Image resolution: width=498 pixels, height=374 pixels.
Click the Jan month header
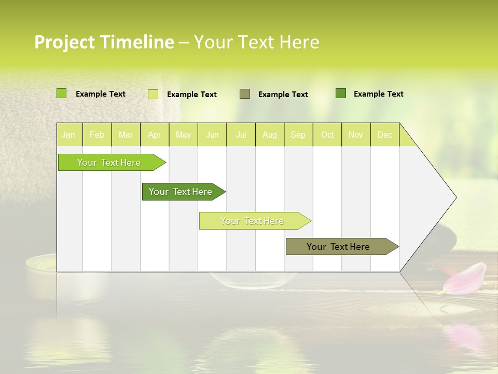pos(68,135)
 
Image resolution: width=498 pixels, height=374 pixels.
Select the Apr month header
pos(155,135)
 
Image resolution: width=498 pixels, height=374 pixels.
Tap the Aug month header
pos(270,135)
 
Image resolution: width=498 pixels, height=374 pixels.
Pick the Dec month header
pos(384,135)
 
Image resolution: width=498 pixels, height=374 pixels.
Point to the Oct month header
pos(327,135)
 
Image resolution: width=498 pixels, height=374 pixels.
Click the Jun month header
pos(212,135)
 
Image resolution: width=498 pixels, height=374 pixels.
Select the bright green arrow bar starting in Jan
pos(109,163)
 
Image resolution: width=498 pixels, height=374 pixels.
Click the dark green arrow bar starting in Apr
pos(181,192)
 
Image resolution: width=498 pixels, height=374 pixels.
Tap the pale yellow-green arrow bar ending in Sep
pos(253,221)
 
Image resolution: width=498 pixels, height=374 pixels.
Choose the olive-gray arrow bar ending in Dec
pos(339,247)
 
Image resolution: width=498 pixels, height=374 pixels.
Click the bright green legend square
pos(61,94)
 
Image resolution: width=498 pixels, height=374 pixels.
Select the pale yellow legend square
pos(153,94)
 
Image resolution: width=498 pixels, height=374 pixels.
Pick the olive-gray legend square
pos(245,94)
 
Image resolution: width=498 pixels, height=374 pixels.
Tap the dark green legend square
pos(341,94)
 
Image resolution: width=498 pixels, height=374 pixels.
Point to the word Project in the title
pos(64,42)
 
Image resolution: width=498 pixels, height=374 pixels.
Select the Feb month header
pos(97,135)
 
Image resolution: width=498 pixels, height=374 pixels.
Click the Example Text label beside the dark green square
pos(378,94)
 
